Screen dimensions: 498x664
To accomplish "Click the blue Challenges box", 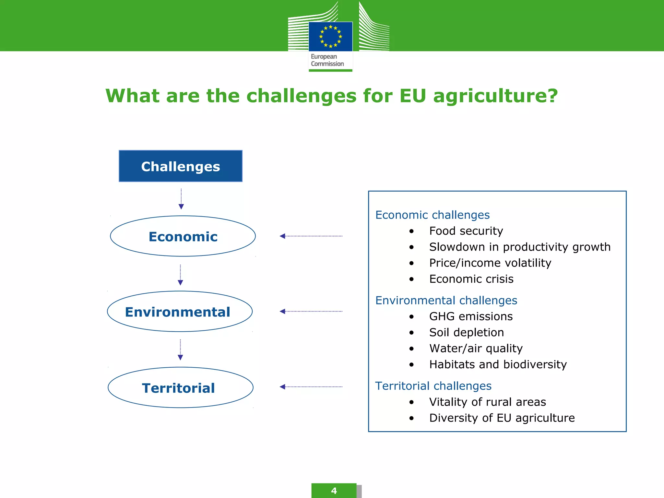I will (181, 166).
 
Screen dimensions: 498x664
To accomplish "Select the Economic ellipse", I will (183, 236).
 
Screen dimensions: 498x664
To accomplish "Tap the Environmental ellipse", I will (180, 312).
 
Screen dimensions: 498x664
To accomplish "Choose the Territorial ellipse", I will (180, 387).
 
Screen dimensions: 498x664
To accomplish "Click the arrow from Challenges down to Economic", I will (181, 199).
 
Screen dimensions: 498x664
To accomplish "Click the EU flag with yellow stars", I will (330, 36).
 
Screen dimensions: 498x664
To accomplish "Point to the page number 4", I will (334, 491).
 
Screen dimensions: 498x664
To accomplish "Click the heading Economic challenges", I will (432, 215).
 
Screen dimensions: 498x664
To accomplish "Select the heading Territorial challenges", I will (433, 386).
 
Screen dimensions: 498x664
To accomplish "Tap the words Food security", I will (466, 231).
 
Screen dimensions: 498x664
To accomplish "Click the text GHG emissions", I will (471, 316).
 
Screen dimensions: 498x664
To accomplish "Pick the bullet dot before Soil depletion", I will (411, 333).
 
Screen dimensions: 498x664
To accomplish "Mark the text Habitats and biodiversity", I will (498, 364).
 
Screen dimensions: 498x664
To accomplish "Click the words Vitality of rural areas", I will (487, 402).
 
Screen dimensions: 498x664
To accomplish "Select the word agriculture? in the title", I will (495, 96).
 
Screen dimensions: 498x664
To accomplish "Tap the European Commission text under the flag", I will (327, 60).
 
